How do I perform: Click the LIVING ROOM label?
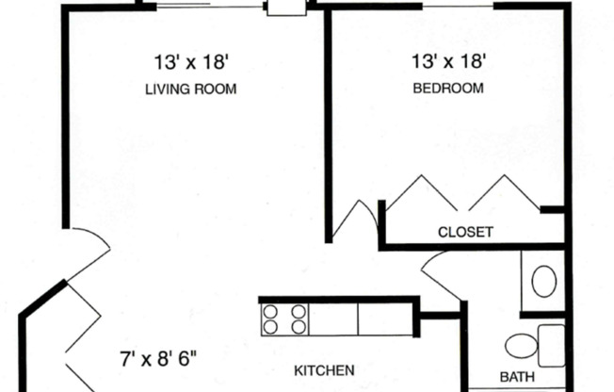click(x=189, y=90)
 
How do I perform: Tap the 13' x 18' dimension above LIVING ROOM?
click(x=192, y=63)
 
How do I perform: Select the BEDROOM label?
click(x=449, y=90)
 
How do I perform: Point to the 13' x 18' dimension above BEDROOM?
click(x=449, y=63)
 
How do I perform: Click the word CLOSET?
click(x=465, y=232)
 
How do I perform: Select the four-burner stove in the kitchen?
click(x=285, y=318)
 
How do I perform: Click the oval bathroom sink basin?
click(x=543, y=281)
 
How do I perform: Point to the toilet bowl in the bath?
click(x=520, y=346)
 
